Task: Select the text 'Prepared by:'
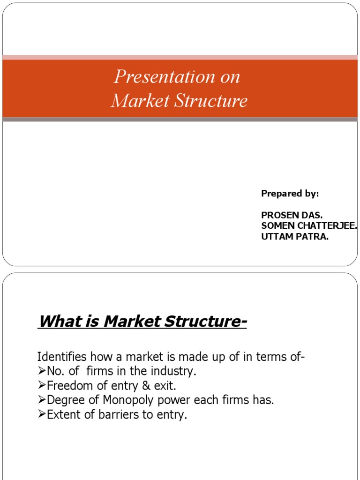[290, 194]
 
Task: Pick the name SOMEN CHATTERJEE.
[309, 225]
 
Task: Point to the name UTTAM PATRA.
[295, 236]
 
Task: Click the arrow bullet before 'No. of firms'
[42, 372]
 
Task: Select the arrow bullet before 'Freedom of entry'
[42, 386]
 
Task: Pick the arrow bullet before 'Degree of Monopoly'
[42, 401]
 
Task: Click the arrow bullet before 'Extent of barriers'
[42, 415]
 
